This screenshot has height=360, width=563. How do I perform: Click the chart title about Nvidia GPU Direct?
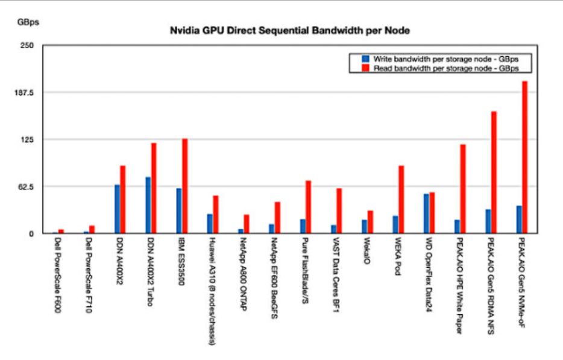click(291, 30)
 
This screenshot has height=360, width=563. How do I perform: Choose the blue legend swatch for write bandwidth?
click(365, 59)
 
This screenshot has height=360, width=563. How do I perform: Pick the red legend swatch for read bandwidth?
click(365, 68)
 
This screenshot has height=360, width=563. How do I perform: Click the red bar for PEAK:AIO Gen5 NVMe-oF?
click(525, 157)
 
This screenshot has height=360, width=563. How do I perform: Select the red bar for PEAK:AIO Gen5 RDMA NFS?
click(494, 172)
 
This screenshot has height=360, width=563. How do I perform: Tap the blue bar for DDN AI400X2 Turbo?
click(148, 205)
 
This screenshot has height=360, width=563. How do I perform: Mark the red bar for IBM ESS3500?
click(185, 186)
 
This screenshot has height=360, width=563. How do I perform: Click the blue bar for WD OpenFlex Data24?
click(426, 213)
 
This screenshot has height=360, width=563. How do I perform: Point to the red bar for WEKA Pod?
click(401, 199)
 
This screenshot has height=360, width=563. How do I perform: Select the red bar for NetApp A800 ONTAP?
click(247, 224)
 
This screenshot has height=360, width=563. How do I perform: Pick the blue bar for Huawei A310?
click(210, 223)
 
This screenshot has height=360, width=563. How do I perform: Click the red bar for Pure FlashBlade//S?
click(308, 206)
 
